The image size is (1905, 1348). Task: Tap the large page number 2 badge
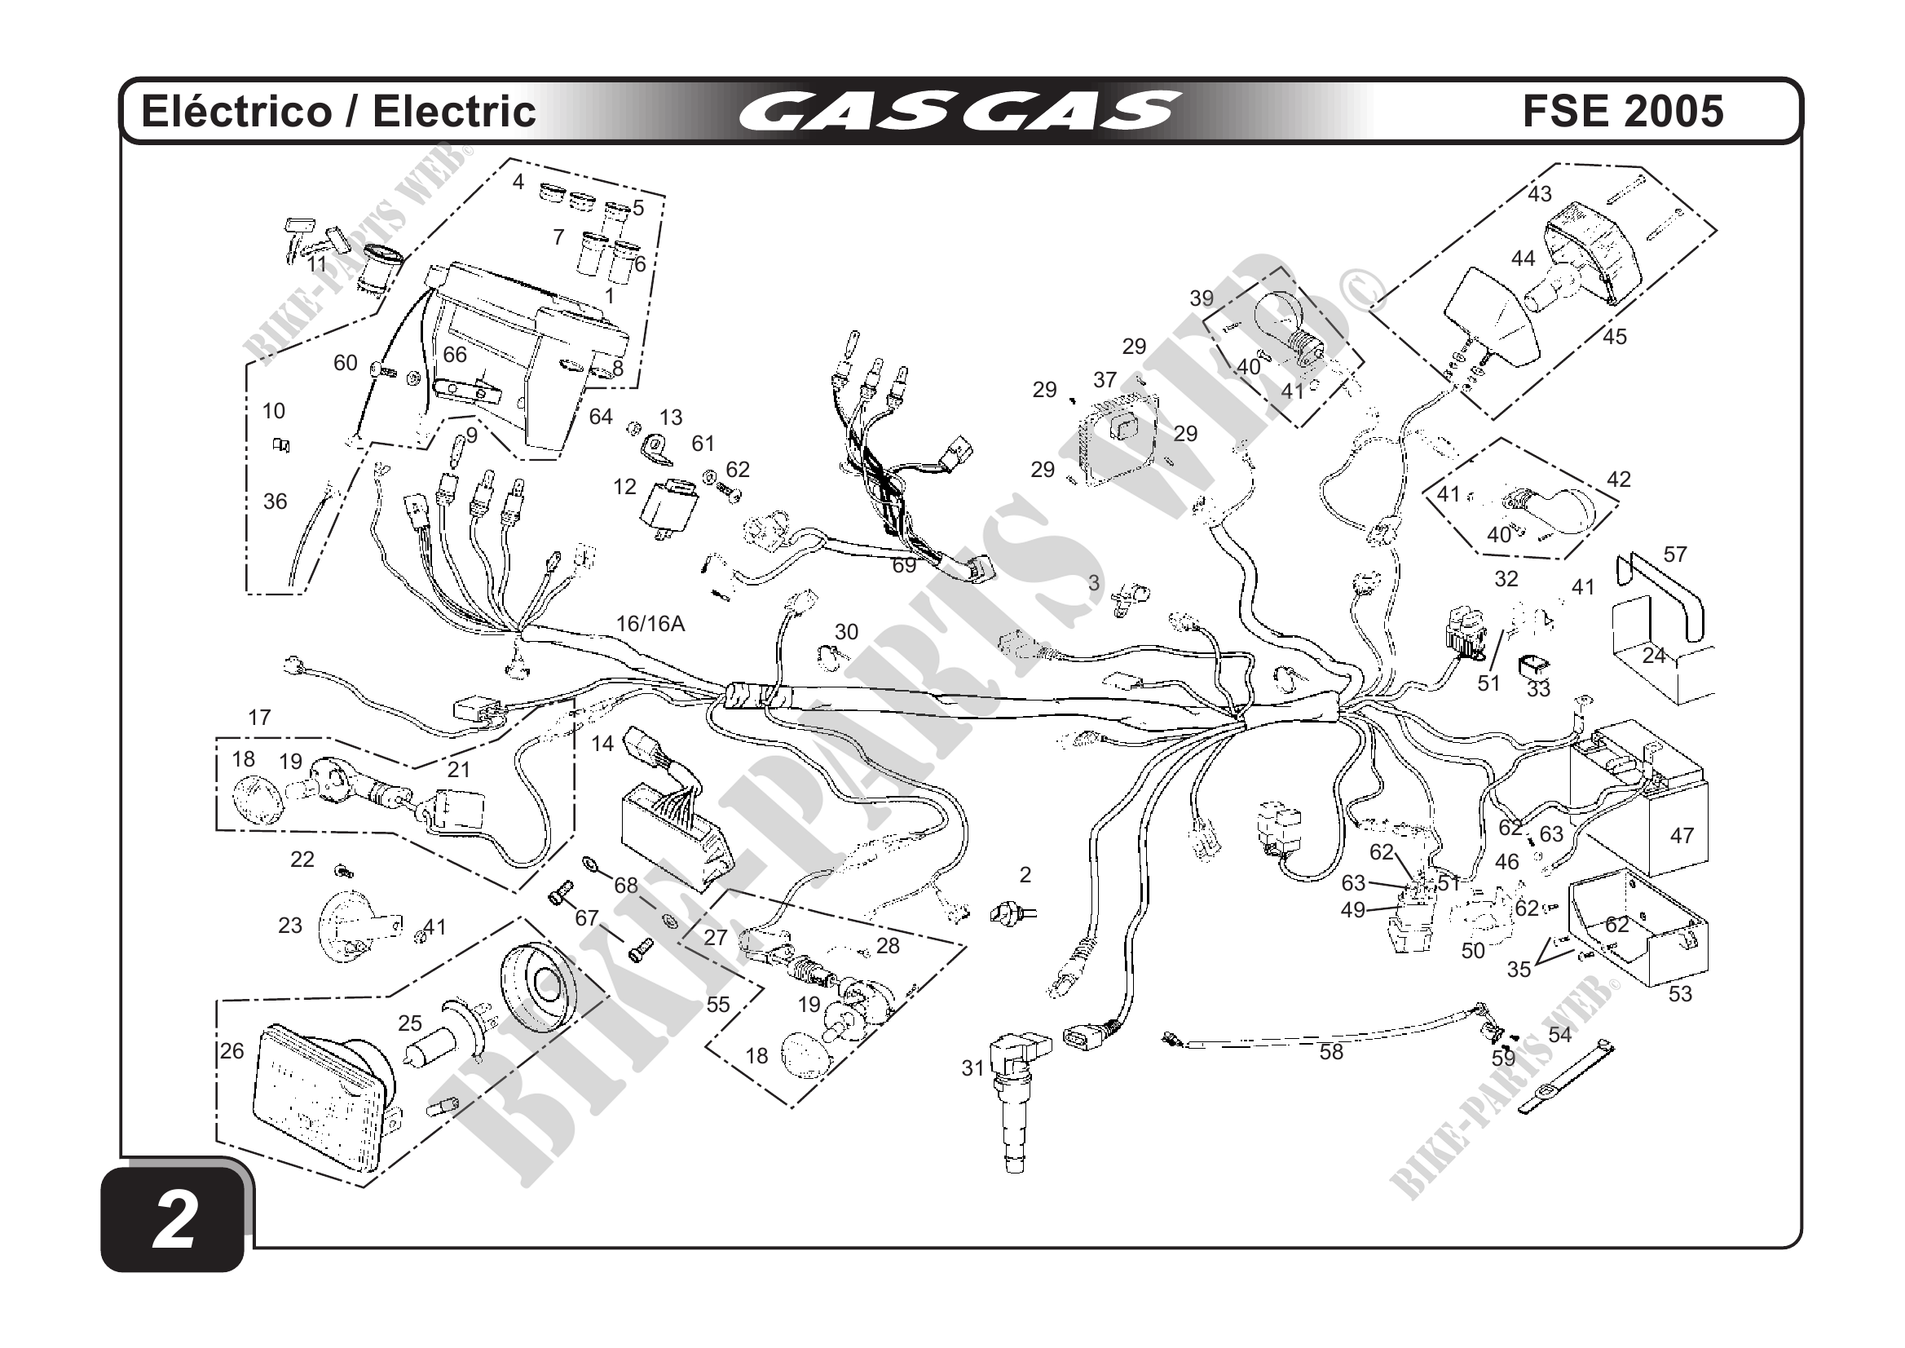pos(174,1221)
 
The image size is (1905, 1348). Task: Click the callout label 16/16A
pos(650,623)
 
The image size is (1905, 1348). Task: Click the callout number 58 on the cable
pos(1331,1053)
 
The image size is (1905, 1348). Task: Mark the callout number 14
pos(602,743)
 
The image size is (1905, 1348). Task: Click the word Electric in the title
pos(454,111)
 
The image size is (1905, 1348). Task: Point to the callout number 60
pos(345,363)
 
